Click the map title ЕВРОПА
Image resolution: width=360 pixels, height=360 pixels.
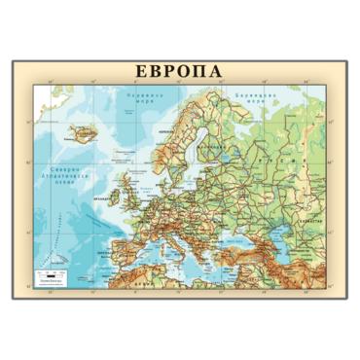(x=179, y=72)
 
